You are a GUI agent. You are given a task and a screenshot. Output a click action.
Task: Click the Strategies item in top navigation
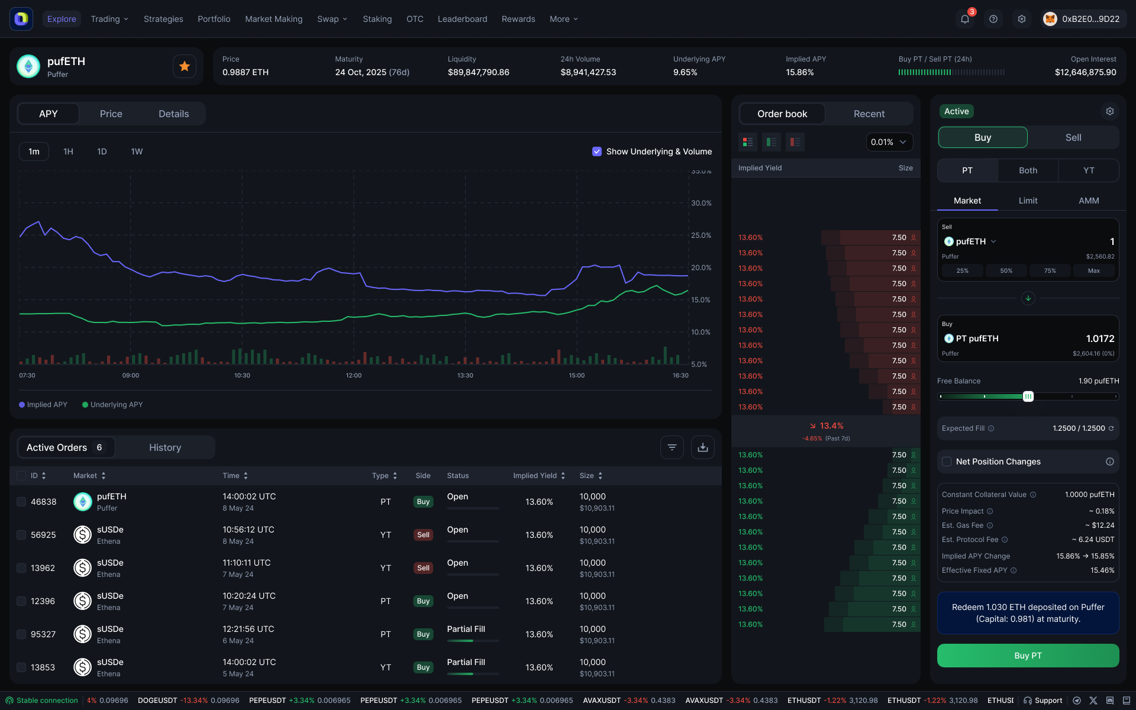[x=163, y=19]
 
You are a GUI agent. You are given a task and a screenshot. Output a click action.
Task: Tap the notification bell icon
[x=964, y=19]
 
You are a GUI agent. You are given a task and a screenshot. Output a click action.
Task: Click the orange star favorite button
[x=185, y=66]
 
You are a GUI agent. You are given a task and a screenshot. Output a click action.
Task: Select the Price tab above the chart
[x=111, y=114]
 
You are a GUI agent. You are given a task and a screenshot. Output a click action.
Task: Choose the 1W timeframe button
[x=137, y=151]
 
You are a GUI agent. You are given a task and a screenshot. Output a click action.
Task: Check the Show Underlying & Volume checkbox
[x=597, y=151]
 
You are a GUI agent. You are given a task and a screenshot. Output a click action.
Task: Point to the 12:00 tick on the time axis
[x=353, y=375]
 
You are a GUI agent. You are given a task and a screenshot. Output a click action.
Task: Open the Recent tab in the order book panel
[x=869, y=114]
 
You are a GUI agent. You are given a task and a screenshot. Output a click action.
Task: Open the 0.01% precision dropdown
[x=889, y=142]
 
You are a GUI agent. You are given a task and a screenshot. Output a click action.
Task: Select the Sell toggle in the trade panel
[x=1073, y=137]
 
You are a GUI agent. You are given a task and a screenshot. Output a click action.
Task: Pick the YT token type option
[x=1088, y=170]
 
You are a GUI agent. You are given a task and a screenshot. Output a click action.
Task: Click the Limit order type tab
[x=1028, y=201]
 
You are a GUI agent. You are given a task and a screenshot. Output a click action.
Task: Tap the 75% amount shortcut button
[x=1050, y=270]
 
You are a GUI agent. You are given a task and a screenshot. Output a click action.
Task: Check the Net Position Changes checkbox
[x=947, y=461]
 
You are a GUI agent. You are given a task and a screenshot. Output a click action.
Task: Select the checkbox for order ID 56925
[x=21, y=535]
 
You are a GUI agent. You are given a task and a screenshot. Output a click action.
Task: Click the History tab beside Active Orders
[x=165, y=447]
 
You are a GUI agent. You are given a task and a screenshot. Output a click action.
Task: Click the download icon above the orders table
[x=702, y=447]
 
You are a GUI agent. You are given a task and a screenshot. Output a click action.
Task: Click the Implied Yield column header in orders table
[x=535, y=476]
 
